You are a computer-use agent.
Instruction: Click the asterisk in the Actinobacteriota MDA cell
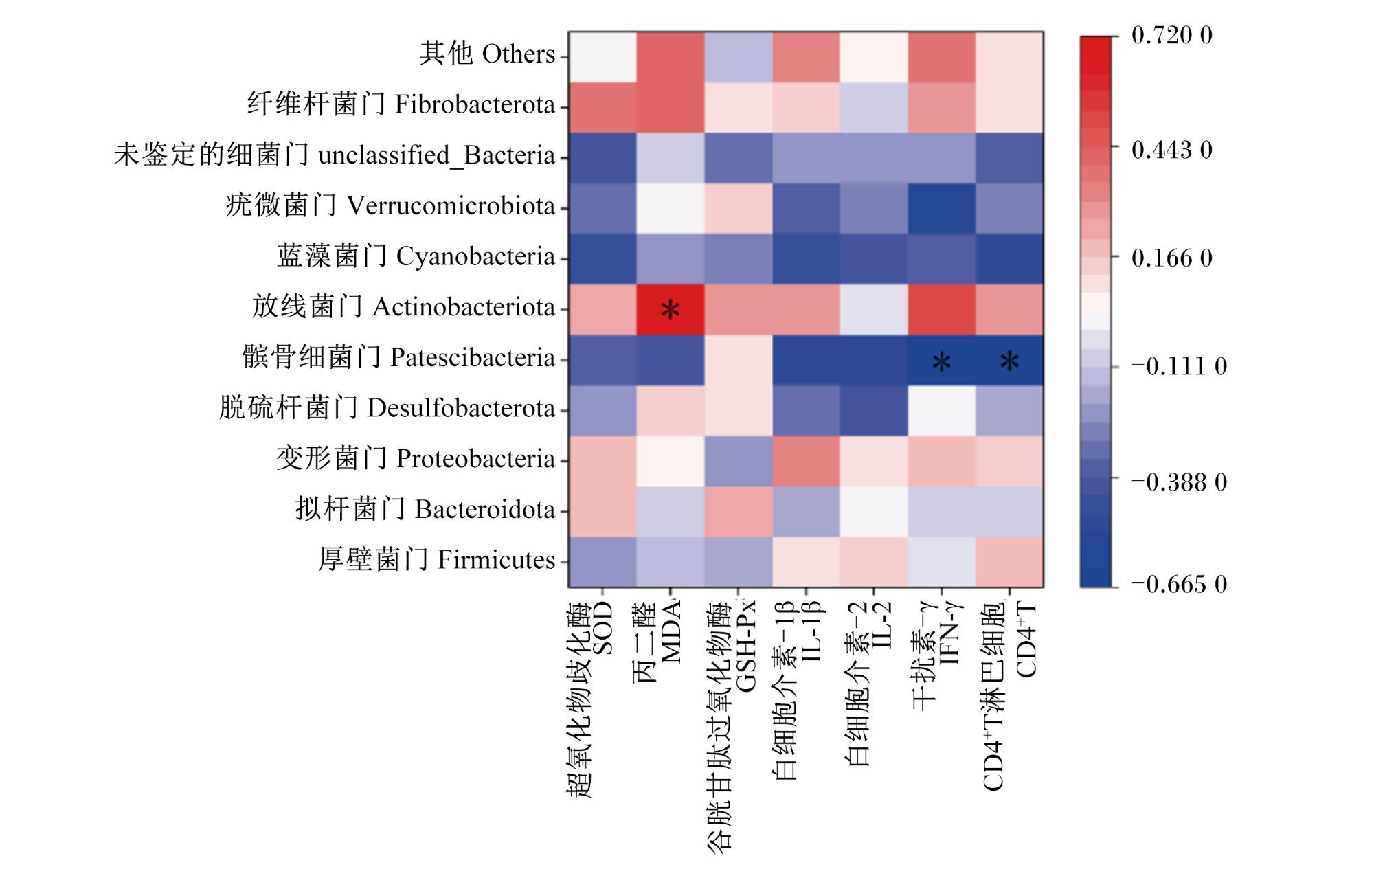point(670,310)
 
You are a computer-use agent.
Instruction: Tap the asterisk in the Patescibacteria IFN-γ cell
point(941,361)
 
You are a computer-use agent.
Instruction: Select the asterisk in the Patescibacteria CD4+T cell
point(1009,361)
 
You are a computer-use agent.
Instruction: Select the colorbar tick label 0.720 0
point(1172,35)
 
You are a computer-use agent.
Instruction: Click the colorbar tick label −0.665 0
point(1179,584)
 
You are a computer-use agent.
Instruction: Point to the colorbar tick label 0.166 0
point(1172,258)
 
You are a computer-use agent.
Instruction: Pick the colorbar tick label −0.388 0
point(1179,482)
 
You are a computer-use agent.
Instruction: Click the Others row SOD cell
point(602,57)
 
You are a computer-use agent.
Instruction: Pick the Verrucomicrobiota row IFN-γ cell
point(941,209)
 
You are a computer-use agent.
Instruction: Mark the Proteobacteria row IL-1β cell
point(806,462)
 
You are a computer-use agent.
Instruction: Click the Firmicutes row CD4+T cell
point(1009,563)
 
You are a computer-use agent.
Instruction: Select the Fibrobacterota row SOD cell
point(602,108)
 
